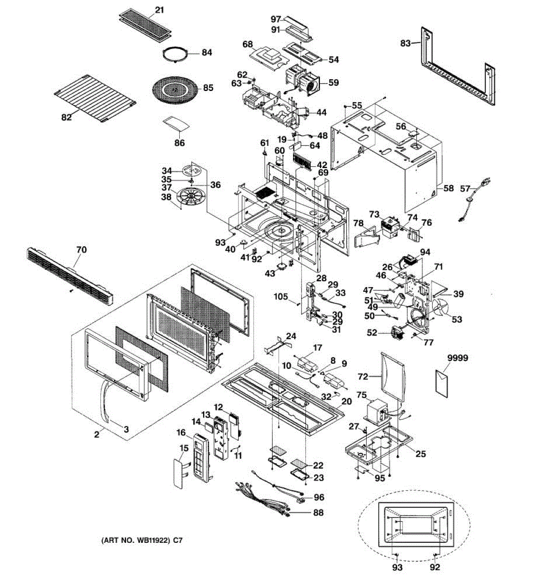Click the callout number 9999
(457, 358)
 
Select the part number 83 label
(405, 43)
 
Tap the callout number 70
(81, 250)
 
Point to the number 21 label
(159, 9)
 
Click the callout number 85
(208, 88)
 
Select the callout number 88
(318, 513)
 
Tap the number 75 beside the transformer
(361, 395)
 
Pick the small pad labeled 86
(175, 123)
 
